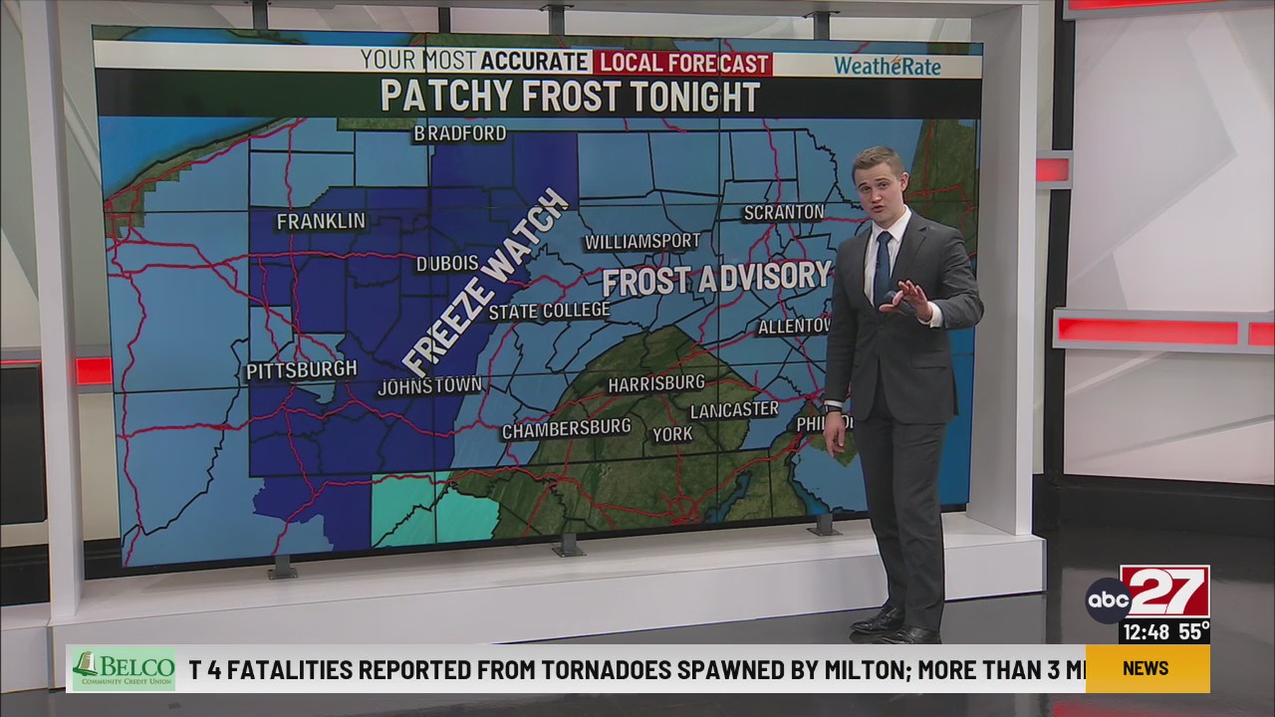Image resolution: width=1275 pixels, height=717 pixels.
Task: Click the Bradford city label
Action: pyautogui.click(x=460, y=133)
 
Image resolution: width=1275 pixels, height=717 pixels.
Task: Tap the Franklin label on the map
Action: pyautogui.click(x=321, y=221)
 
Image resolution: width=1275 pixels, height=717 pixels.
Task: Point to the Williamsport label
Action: pyautogui.click(x=642, y=241)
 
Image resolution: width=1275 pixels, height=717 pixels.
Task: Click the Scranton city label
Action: pyautogui.click(x=784, y=212)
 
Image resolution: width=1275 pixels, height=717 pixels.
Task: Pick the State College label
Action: pyautogui.click(x=549, y=312)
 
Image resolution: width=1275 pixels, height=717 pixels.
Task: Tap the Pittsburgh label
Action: pyautogui.click(x=301, y=370)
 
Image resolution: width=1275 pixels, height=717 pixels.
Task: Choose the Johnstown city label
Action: pyautogui.click(x=429, y=385)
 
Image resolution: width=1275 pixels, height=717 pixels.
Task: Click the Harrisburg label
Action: pyautogui.click(x=656, y=383)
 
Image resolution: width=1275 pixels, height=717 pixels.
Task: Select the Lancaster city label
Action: pyautogui.click(x=734, y=409)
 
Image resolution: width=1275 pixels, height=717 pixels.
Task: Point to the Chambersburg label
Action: pyautogui.click(x=566, y=429)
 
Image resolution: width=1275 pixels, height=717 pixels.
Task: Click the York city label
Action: pyautogui.click(x=672, y=434)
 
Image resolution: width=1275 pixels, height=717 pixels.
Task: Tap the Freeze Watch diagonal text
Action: pyautogui.click(x=485, y=283)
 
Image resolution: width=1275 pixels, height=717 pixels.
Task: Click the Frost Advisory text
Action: pyautogui.click(x=716, y=279)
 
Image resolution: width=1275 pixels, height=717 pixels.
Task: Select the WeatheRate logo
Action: pyautogui.click(x=887, y=66)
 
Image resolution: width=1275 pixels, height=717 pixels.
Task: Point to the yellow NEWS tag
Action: pyautogui.click(x=1146, y=668)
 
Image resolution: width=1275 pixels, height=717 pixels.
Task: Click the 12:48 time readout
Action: pyautogui.click(x=1145, y=631)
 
